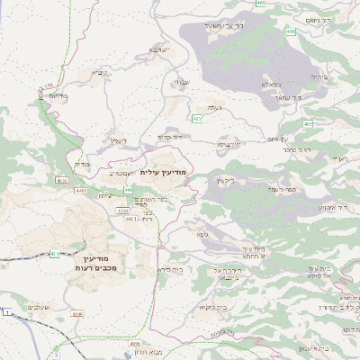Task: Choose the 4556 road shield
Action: coord(135,345)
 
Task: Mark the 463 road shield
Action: coord(196,119)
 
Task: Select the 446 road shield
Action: coord(129,190)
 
